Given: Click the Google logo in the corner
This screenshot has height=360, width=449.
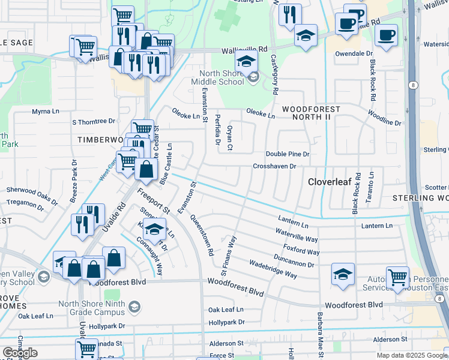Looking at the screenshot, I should [x=20, y=352].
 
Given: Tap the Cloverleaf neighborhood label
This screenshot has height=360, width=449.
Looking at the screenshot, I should [x=333, y=181].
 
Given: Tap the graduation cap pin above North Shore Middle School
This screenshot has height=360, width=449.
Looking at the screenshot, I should [x=246, y=62].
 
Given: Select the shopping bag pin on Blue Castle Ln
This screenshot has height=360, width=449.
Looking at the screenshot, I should [x=146, y=170].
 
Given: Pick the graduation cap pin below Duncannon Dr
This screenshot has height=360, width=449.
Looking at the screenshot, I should [x=342, y=275].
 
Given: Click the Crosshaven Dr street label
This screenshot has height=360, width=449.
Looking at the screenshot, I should [x=275, y=166].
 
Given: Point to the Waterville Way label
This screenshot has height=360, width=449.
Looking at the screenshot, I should [x=297, y=235].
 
